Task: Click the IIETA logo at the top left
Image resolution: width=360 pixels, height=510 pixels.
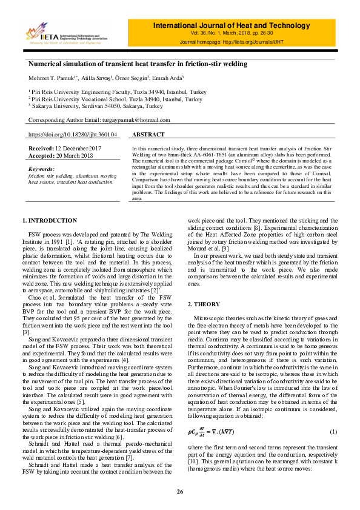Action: pos(67,35)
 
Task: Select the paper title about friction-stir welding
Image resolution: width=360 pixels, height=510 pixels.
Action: pos(138,64)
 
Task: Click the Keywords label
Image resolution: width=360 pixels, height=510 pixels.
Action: pos(42,169)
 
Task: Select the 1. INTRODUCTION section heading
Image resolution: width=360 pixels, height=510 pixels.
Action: pos(50,220)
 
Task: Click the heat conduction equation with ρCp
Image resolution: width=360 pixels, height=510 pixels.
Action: pos(215,431)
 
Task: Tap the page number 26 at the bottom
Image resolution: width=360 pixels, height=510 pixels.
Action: pos(180,491)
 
